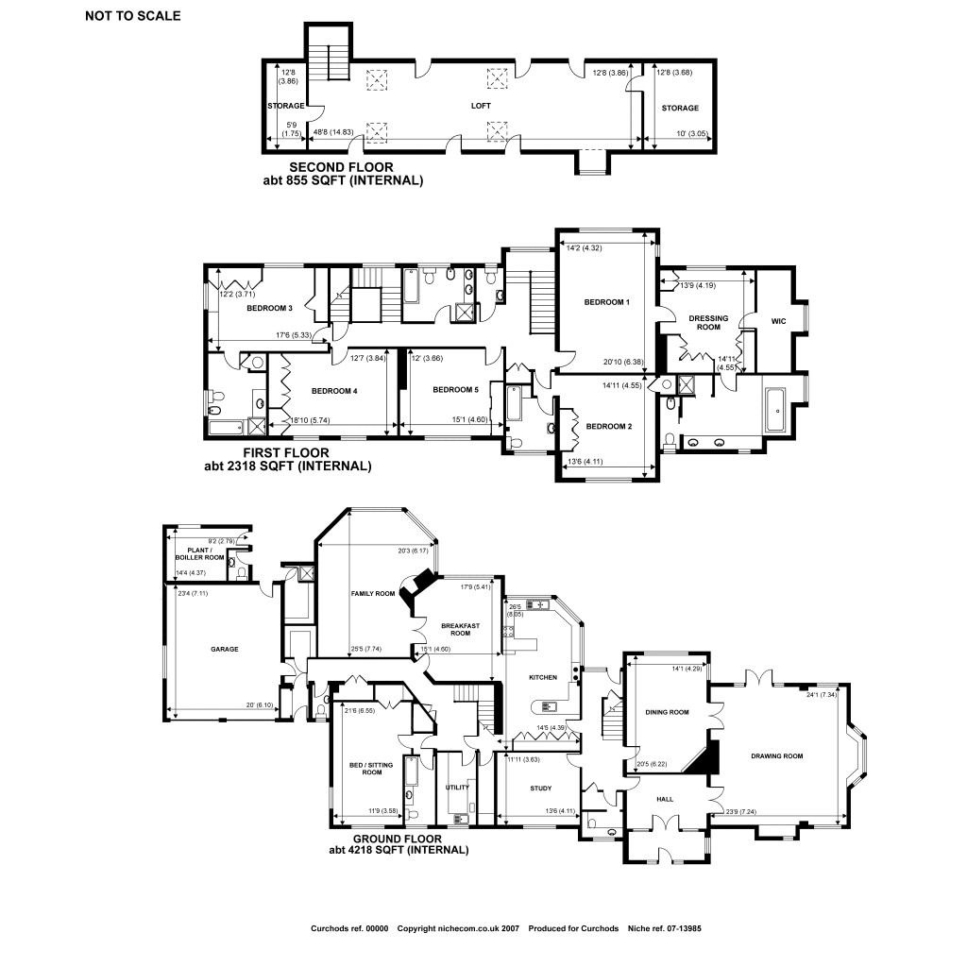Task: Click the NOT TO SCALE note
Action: [132, 15]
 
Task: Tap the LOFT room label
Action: [482, 107]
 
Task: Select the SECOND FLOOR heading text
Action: [343, 167]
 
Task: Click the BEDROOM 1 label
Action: [606, 302]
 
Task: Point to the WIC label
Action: [778, 321]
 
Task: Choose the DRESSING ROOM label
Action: [708, 322]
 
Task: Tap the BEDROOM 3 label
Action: [269, 308]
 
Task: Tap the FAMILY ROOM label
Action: [372, 594]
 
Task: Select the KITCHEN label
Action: [542, 678]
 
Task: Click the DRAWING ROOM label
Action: [776, 756]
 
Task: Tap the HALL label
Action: [665, 799]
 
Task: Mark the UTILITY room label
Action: [457, 786]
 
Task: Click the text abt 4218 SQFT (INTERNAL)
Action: [399, 850]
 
